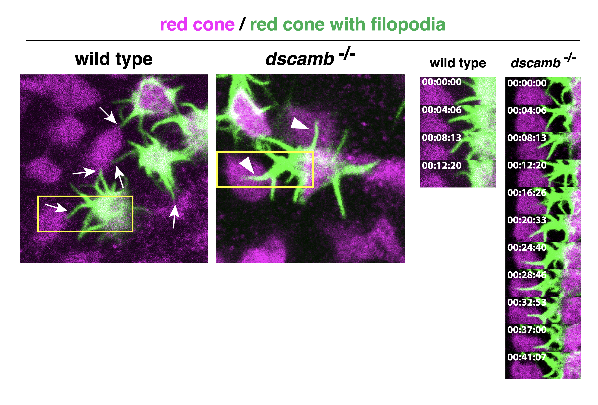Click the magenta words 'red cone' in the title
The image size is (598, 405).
[x=197, y=25]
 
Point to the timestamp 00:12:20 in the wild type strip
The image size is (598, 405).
[x=442, y=165]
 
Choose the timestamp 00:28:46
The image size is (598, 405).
[x=527, y=275]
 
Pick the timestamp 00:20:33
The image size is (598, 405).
[x=527, y=220]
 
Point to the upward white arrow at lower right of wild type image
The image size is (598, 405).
[x=174, y=216]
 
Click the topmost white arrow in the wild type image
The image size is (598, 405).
[x=108, y=115]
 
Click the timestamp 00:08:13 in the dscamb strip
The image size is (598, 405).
[x=527, y=138]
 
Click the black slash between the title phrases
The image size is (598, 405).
[x=242, y=24]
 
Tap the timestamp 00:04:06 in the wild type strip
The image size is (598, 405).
[x=442, y=110]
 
